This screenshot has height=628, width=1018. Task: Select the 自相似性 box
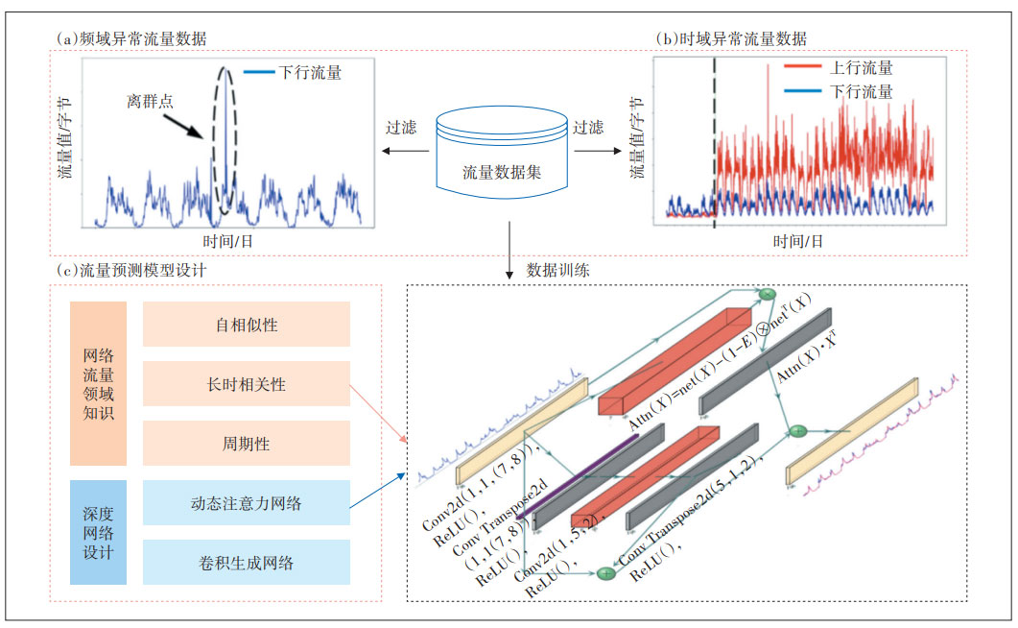247,325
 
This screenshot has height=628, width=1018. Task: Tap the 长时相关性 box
247,384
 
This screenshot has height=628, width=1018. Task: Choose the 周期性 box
247,444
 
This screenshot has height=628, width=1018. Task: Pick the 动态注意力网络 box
247,503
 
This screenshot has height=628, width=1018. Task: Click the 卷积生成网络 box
247,563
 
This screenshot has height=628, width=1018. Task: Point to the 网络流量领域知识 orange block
98,384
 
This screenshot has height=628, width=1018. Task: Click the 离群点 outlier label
151,99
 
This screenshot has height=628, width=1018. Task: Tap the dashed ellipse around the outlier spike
224,139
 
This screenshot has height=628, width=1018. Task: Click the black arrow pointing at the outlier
186,128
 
